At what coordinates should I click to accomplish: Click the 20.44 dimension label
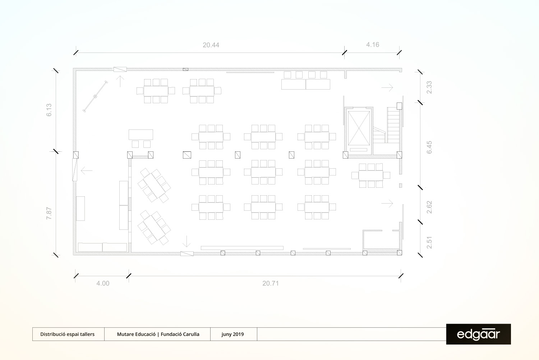click(x=211, y=45)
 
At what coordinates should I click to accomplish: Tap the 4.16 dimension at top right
click(x=373, y=45)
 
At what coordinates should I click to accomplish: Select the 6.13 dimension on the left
click(x=49, y=110)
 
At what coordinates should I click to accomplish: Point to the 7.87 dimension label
click(x=49, y=213)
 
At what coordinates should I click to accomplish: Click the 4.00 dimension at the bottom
click(x=103, y=283)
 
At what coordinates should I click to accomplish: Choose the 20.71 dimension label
click(x=271, y=283)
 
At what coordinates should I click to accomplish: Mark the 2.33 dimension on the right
click(x=429, y=87)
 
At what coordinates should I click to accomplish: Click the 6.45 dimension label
click(x=429, y=147)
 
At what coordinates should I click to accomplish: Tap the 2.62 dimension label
click(x=429, y=207)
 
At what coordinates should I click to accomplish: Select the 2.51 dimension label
click(x=429, y=242)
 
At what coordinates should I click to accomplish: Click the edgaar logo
click(x=478, y=334)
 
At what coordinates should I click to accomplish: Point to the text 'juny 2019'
click(x=232, y=334)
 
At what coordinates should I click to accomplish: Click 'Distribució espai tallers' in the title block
click(x=67, y=334)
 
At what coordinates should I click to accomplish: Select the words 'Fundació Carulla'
click(x=180, y=334)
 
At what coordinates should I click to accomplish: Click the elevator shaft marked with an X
click(x=359, y=128)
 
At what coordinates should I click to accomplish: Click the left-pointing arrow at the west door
click(x=87, y=170)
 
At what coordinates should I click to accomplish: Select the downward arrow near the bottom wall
click(x=186, y=241)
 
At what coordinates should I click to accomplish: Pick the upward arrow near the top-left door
click(x=120, y=81)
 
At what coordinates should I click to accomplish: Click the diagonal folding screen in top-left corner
click(x=95, y=96)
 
